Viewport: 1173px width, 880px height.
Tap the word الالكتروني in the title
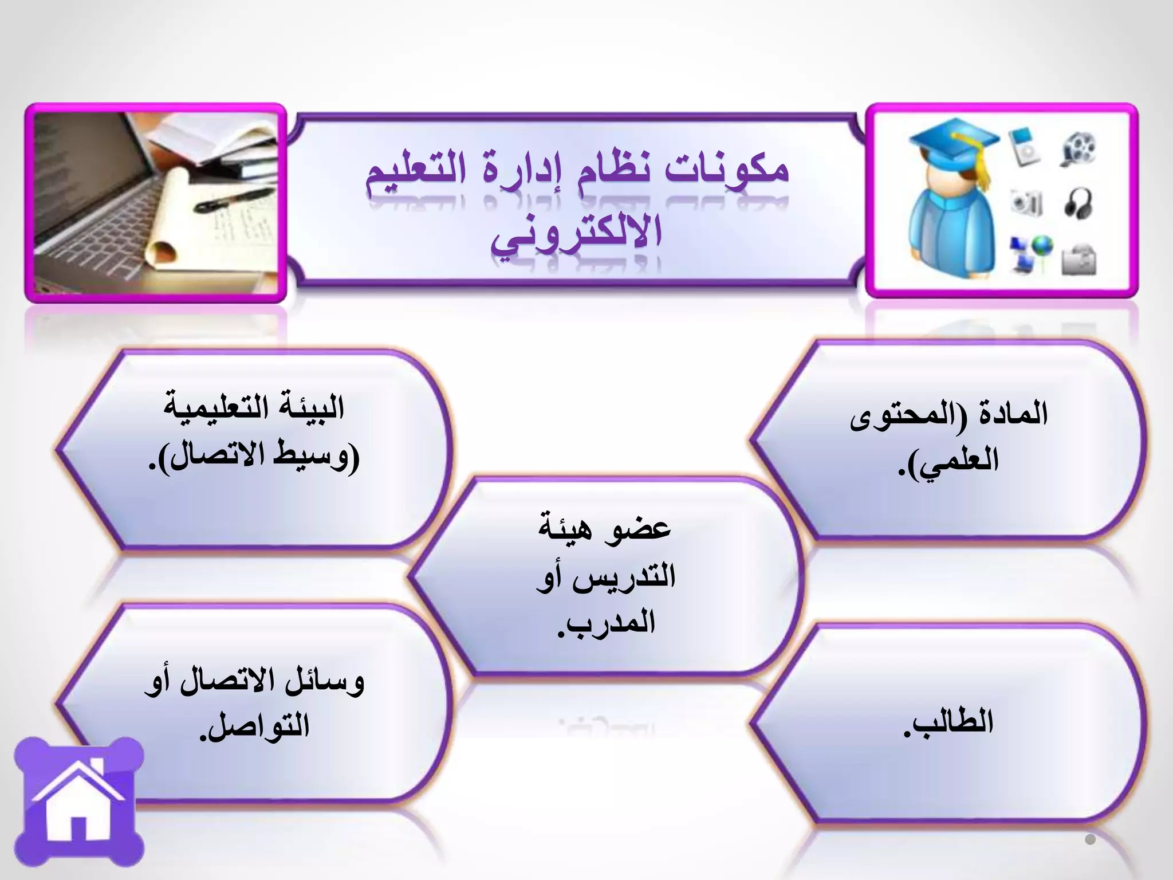pos(576,235)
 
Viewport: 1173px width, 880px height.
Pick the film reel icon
pos(1079,148)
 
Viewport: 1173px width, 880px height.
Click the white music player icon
pos(1025,146)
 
